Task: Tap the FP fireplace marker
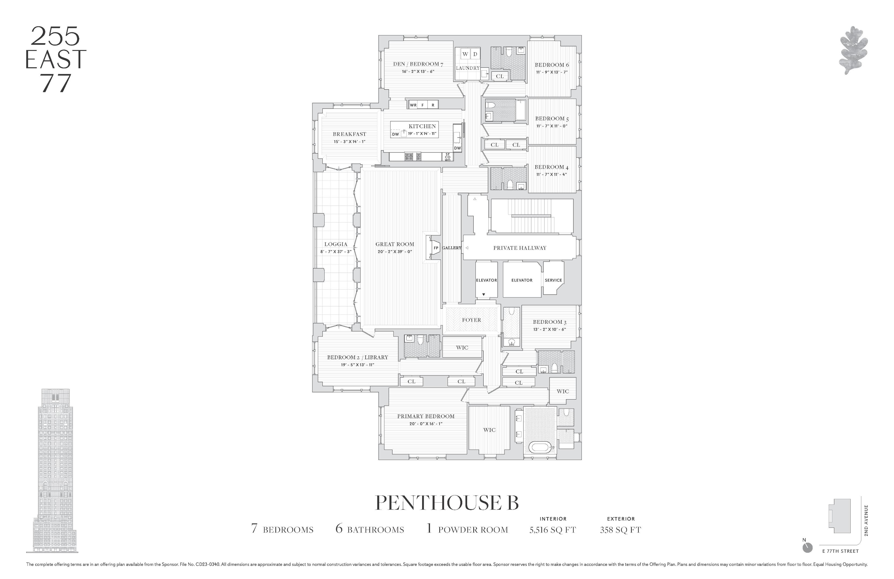click(436, 248)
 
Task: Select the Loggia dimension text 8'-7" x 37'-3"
click(336, 251)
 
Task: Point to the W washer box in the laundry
click(465, 54)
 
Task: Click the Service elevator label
click(553, 280)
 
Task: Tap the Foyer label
click(471, 320)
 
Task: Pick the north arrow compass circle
click(807, 548)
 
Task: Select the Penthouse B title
click(447, 503)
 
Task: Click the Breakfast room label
click(349, 134)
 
